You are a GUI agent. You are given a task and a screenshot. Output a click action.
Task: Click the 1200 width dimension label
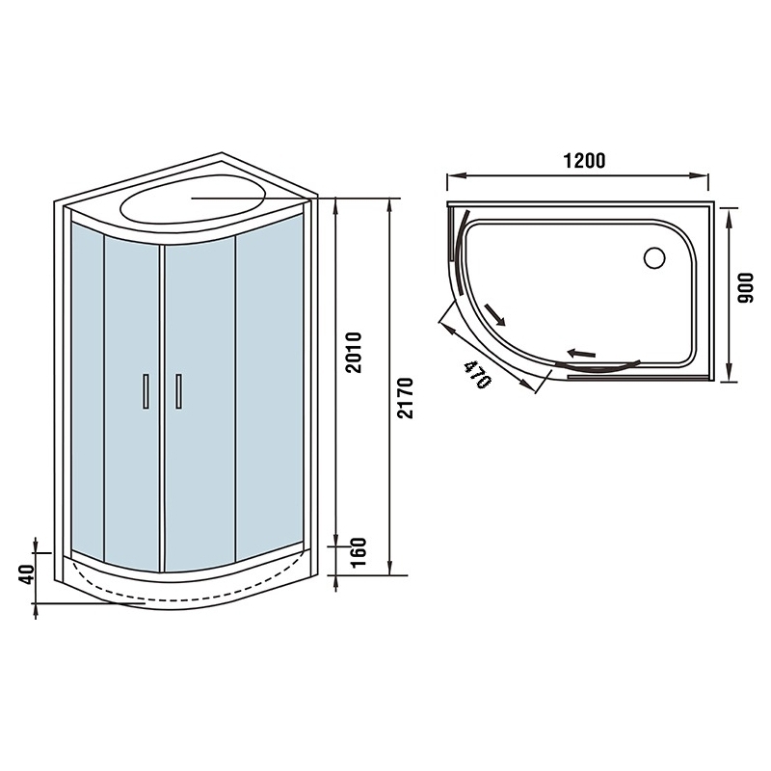click(x=584, y=161)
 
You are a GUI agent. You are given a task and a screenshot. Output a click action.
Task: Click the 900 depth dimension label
click(x=746, y=287)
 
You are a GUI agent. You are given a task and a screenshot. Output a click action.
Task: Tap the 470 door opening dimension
click(x=476, y=374)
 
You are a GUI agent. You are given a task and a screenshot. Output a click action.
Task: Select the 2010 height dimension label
click(x=353, y=352)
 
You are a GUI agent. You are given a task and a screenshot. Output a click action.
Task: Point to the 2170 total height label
click(x=406, y=398)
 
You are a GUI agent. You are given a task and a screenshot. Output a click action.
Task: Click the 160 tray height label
click(x=359, y=551)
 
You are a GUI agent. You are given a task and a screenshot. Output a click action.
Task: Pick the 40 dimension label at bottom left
click(x=27, y=573)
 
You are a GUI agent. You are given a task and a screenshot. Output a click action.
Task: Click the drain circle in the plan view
click(x=654, y=257)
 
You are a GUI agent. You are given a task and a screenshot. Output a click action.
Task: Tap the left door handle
click(x=146, y=391)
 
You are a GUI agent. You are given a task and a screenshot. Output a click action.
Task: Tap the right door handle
click(x=178, y=391)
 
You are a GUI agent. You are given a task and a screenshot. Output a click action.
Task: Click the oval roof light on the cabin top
click(x=193, y=199)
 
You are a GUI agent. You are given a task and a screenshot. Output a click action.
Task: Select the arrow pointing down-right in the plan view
click(x=494, y=314)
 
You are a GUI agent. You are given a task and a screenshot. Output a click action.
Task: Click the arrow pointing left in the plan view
click(x=581, y=353)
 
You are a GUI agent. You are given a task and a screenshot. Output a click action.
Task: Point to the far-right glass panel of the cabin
click(x=270, y=387)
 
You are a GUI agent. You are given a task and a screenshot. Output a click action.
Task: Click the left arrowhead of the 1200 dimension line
click(x=454, y=175)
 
